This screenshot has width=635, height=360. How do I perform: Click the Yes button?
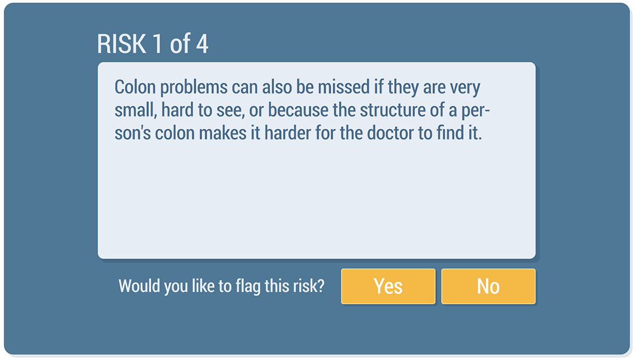click(x=388, y=286)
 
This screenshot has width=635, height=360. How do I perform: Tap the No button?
click(x=488, y=286)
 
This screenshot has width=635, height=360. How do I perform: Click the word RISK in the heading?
click(x=121, y=44)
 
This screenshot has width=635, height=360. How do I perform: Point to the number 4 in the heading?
click(x=202, y=44)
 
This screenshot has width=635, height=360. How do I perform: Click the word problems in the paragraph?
click(x=193, y=88)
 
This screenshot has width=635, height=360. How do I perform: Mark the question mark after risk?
click(x=321, y=286)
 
